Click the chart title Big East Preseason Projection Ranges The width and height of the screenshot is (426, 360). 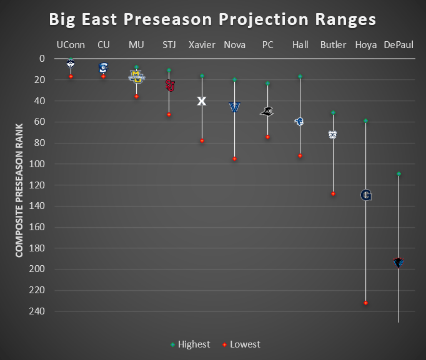point(212,19)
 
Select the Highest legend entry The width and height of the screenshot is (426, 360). point(190,344)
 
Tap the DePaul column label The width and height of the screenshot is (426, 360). point(399,45)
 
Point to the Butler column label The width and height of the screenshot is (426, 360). point(333,45)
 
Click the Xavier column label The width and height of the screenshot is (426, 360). point(202,45)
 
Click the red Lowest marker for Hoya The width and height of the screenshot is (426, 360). point(366,303)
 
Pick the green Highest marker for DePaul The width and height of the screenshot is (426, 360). point(399,173)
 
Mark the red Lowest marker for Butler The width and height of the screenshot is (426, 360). point(333,194)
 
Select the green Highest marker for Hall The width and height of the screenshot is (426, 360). point(300,76)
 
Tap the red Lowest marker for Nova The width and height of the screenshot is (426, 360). point(235,159)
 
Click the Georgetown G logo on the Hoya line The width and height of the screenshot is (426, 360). point(366,195)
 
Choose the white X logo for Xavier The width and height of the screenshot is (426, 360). point(202,101)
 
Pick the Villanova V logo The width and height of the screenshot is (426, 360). point(235,107)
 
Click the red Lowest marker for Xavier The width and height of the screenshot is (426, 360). point(202,140)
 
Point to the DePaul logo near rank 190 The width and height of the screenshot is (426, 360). point(399,263)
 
